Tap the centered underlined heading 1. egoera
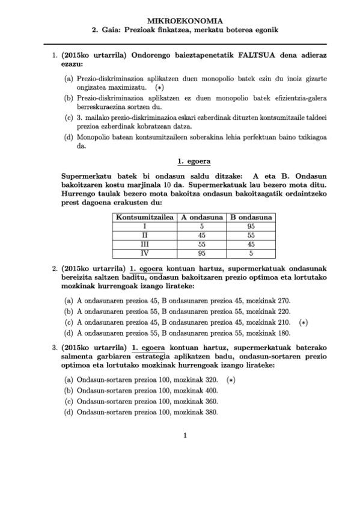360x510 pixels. pyautogui.click(x=193, y=161)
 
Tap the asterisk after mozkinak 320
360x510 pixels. pyautogui.click(x=230, y=379)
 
